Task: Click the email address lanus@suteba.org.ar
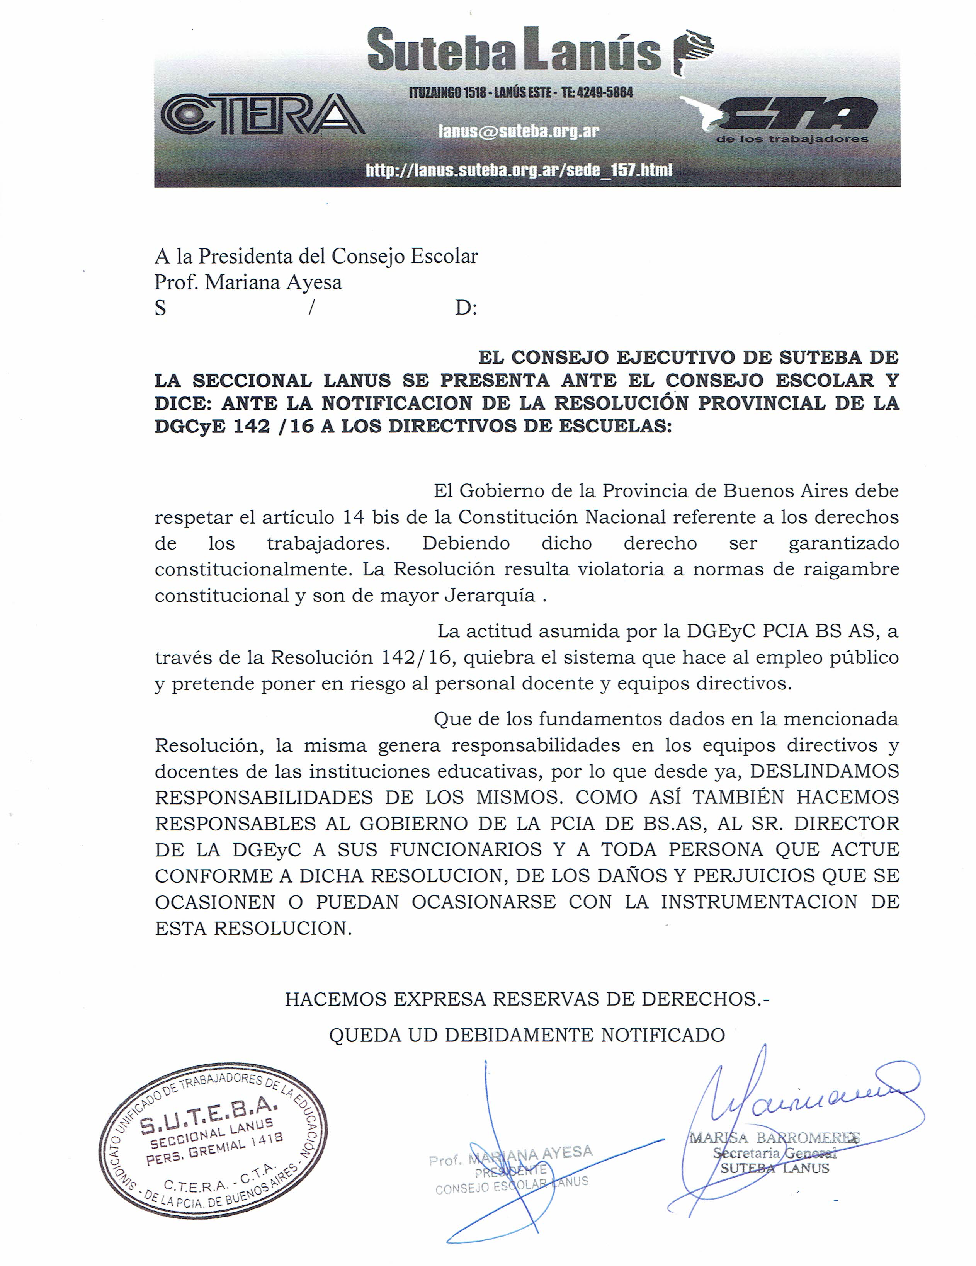(x=519, y=131)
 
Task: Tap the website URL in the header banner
(x=519, y=170)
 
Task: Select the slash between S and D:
(x=311, y=308)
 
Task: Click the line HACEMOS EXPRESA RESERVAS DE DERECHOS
(x=527, y=999)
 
